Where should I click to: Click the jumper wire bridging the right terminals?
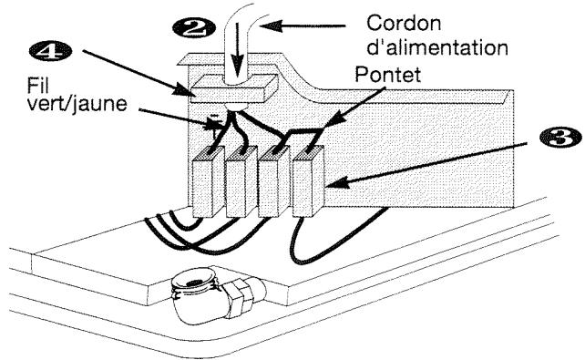302,135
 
